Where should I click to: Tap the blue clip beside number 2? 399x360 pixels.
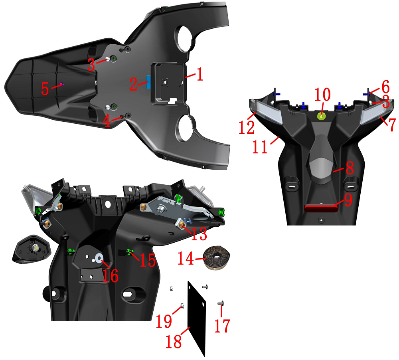(x=148, y=82)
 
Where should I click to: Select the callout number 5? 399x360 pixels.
(x=45, y=89)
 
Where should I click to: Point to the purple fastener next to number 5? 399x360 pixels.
(x=62, y=84)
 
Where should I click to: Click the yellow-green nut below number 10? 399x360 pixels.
(x=322, y=116)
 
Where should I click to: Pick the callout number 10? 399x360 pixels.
(x=322, y=95)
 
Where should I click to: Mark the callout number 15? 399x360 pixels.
(x=147, y=260)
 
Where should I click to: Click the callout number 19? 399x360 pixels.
(x=164, y=320)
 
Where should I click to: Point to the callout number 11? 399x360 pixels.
(x=261, y=146)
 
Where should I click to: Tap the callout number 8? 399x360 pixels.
(x=350, y=168)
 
